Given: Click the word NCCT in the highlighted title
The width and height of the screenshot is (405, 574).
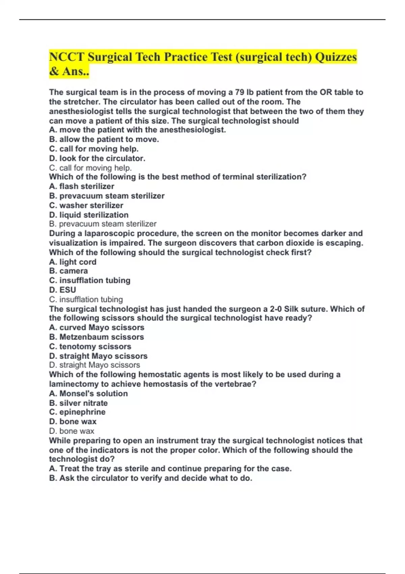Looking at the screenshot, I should [x=66, y=57].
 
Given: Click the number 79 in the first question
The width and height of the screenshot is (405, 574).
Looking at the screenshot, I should [x=240, y=92].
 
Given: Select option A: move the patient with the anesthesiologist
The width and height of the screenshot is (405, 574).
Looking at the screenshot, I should [x=137, y=130].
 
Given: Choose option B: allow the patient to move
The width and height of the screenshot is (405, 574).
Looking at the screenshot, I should [x=104, y=139].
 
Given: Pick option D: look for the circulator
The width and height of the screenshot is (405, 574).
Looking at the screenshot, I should [x=97, y=158].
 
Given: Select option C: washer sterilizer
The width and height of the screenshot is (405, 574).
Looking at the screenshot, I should [x=86, y=205].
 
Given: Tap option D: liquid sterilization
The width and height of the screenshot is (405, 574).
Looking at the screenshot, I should [x=89, y=215].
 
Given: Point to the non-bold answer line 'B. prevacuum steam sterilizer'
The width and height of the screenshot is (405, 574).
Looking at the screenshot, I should [x=103, y=224].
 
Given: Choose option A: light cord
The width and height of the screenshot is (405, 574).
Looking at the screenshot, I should [x=73, y=262].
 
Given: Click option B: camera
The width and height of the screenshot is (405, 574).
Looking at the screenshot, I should [x=69, y=271].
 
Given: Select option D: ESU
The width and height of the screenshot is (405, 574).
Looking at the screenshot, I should [x=62, y=290].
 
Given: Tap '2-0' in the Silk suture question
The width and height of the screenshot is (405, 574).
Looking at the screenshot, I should [x=276, y=309].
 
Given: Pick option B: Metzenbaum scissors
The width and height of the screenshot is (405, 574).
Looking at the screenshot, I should [x=97, y=337].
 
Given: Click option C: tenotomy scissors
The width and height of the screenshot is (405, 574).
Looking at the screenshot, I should [x=90, y=346].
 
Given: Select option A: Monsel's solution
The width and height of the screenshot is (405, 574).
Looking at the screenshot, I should [x=88, y=394].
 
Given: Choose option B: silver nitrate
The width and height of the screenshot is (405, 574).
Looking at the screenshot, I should [x=78, y=403].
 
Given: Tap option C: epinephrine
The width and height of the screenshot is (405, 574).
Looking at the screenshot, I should [x=77, y=412].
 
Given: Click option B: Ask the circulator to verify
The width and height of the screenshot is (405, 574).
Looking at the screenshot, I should [x=151, y=478].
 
